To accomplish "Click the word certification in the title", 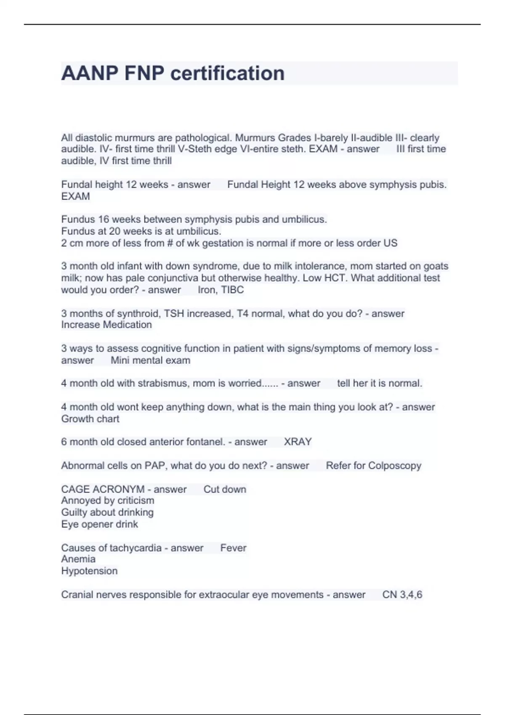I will click(227, 74).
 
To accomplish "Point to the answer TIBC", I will click(232, 290).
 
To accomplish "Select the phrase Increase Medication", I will click(106, 325).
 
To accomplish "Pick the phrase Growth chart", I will click(90, 419).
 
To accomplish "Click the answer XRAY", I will click(298, 442).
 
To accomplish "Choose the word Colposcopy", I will click(394, 466).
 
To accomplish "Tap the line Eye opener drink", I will click(99, 524).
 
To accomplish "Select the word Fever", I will click(233, 548).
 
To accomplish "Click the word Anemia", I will click(78, 559).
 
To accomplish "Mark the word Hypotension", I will click(89, 571).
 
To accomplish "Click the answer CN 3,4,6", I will click(402, 595).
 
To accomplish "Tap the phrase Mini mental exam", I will click(150, 360).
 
